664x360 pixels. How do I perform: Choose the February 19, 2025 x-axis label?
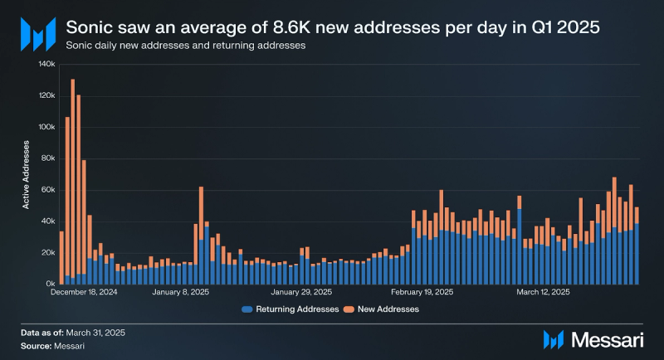tap(422, 292)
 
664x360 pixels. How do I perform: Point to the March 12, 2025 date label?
tap(543, 292)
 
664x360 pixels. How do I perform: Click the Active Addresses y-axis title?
tap(27, 174)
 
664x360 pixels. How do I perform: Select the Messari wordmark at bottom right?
tap(605, 339)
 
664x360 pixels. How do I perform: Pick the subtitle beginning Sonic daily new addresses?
tap(185, 46)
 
